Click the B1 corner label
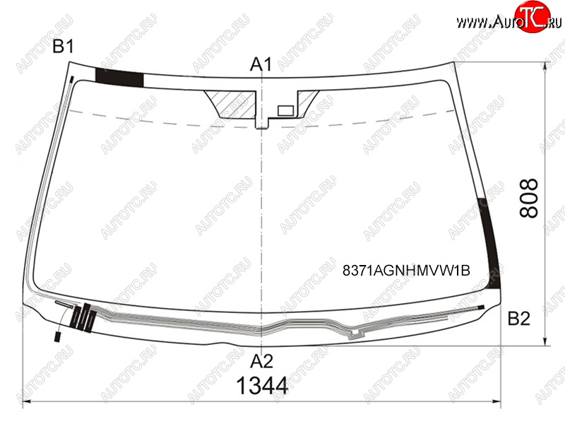tap(64, 47)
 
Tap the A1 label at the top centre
tap(261, 64)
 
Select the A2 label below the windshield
tap(261, 361)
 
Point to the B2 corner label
tap(519, 319)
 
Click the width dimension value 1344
tap(262, 386)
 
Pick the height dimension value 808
tap(528, 198)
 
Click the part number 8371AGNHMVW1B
tap(406, 270)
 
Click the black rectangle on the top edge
tap(119, 78)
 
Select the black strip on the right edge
tap(490, 243)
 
